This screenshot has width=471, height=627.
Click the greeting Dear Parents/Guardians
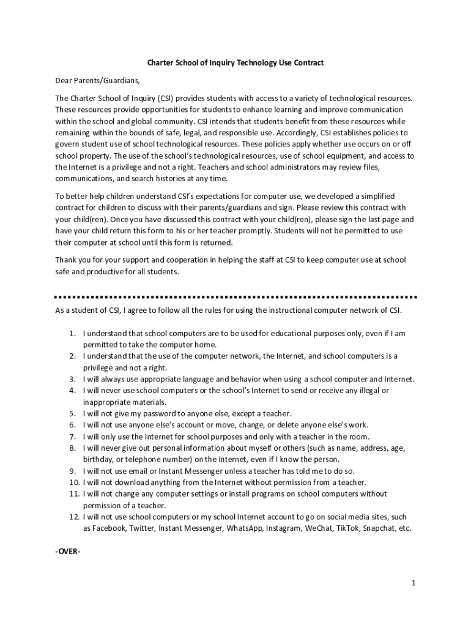[x=93, y=80]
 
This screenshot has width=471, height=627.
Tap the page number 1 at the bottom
[x=414, y=583]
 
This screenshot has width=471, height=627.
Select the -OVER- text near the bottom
[x=68, y=551]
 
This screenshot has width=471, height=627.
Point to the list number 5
[x=72, y=413]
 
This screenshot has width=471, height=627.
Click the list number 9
[x=72, y=471]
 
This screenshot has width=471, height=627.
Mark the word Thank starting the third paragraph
[x=66, y=260]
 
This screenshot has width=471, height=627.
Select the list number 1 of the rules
[x=72, y=334]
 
